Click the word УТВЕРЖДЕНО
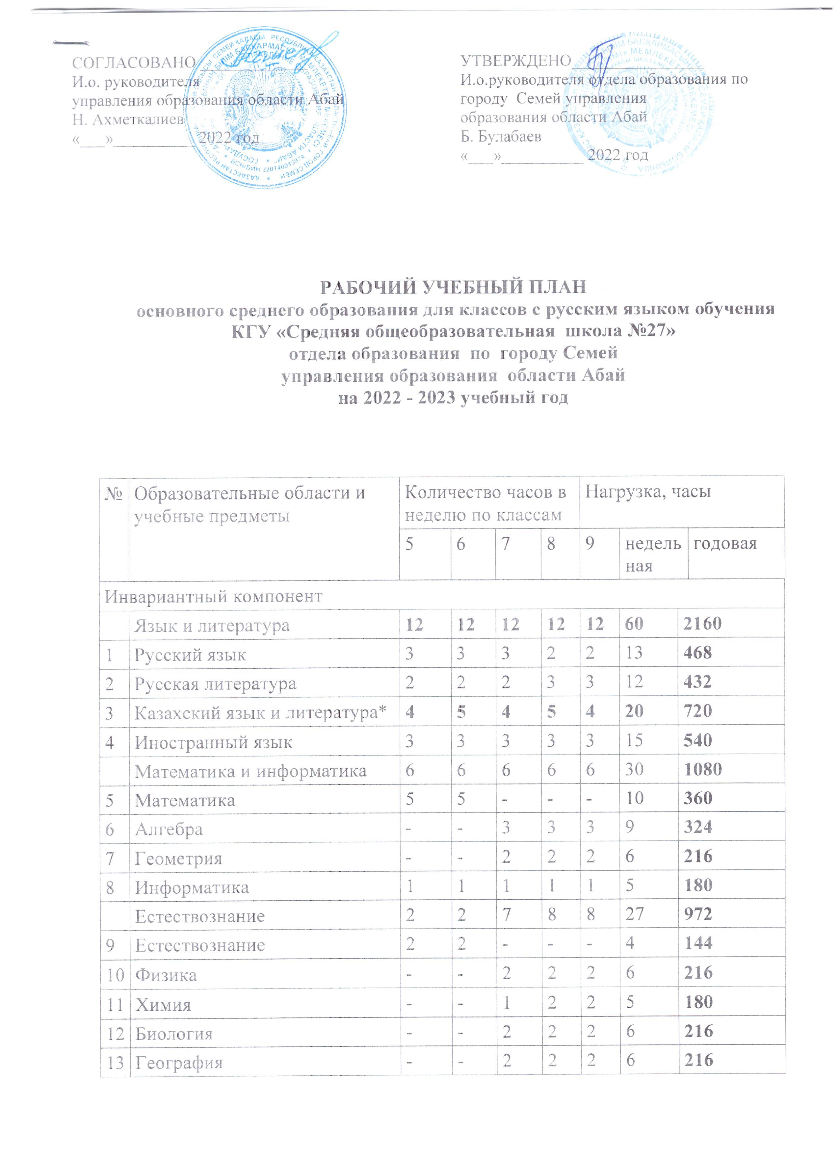[x=515, y=61]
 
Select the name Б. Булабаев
[x=501, y=137]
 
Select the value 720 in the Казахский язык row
[x=697, y=711]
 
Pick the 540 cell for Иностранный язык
[x=697, y=740]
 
